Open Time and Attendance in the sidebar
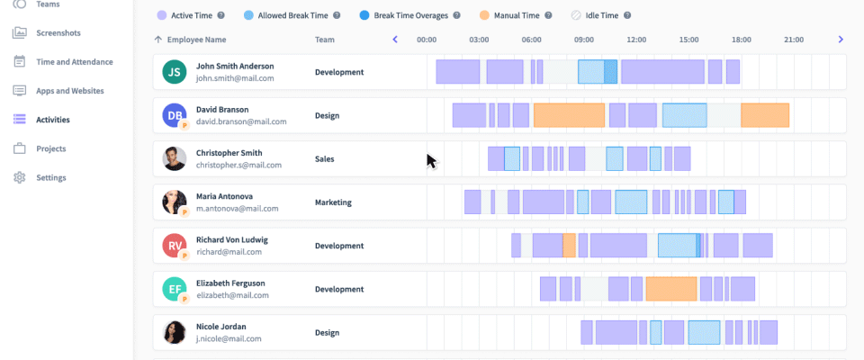[x=74, y=62]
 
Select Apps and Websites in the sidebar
[x=69, y=91]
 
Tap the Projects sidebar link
[x=51, y=148]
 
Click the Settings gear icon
[x=20, y=177]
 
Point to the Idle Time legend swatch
[x=576, y=15]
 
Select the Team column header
[x=324, y=40]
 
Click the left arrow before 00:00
[x=394, y=40]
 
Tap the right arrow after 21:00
[x=841, y=40]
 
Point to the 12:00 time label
[x=636, y=40]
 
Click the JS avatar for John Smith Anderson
[x=175, y=72]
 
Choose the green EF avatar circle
[x=175, y=289]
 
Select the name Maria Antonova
[x=224, y=196]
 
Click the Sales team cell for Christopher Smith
[x=324, y=159]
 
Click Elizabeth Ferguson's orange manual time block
[x=670, y=289]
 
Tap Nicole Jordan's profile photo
[x=175, y=333]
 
